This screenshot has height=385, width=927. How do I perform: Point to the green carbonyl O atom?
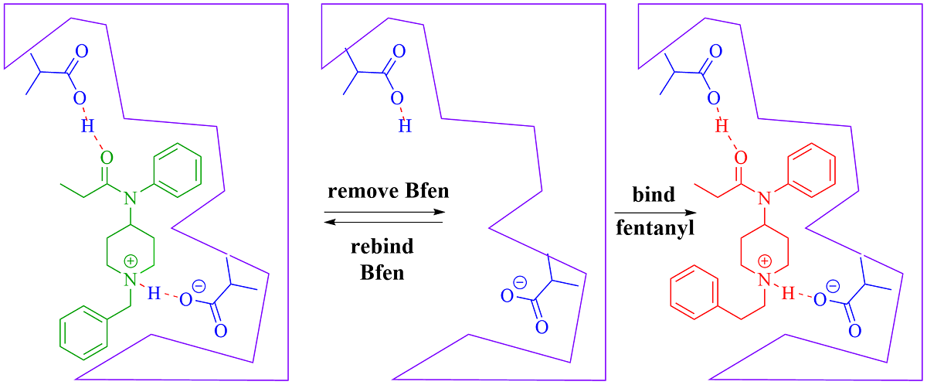click(107, 158)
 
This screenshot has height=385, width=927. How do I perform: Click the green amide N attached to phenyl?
click(130, 199)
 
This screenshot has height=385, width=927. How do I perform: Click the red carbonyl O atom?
click(741, 158)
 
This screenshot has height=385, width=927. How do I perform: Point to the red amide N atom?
click(764, 199)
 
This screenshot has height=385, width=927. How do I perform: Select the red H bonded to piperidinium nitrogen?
click(788, 294)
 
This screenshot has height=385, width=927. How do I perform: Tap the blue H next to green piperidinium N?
click(154, 294)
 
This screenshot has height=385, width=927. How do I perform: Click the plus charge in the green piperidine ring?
click(131, 261)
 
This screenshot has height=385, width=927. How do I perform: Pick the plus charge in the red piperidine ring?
click(766, 261)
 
